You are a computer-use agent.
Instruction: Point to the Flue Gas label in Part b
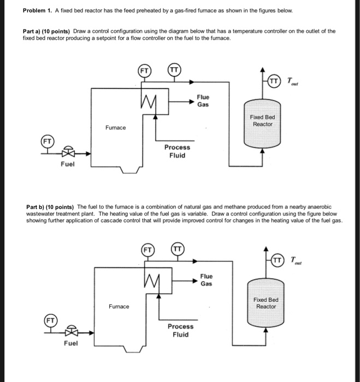coord(206,280)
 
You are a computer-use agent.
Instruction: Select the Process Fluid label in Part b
coord(180,330)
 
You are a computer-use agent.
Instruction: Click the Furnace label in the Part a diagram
coord(116,128)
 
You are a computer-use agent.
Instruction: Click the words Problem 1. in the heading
coord(38,11)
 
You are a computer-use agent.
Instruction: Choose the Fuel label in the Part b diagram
coord(70,343)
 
